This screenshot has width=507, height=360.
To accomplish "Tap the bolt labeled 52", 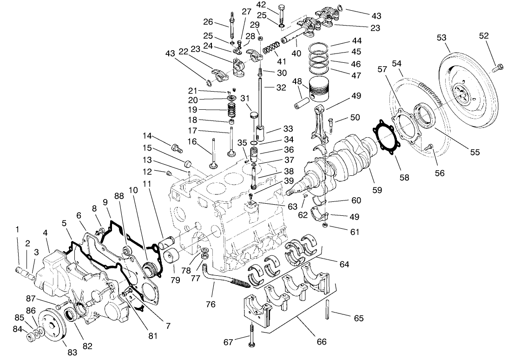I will [497, 68].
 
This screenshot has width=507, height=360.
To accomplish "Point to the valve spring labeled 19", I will [232, 111].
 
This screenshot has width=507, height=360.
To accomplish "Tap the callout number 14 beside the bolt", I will [147, 136].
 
